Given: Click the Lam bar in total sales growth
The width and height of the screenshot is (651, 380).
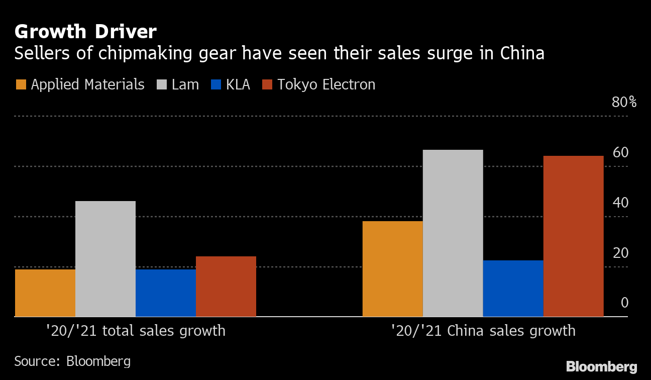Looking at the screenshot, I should click(105, 259).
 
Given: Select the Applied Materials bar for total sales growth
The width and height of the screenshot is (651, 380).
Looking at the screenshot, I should click(45, 293).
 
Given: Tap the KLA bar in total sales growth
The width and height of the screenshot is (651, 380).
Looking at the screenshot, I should click(166, 293).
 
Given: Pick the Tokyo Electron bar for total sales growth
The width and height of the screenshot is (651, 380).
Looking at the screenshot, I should click(226, 287).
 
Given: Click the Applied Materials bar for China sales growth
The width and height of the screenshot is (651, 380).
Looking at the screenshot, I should click(393, 269).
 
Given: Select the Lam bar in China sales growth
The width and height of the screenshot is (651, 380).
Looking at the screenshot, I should click(453, 233).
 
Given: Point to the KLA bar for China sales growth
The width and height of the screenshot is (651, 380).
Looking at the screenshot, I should click(513, 289).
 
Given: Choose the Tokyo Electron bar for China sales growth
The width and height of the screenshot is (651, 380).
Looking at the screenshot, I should click(574, 236).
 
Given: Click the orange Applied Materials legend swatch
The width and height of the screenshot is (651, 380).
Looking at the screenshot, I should click(21, 84).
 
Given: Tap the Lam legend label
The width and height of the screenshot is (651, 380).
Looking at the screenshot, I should click(185, 84).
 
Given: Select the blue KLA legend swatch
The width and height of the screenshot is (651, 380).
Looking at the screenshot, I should click(215, 84).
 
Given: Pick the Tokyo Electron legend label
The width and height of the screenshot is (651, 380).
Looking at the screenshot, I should click(327, 84).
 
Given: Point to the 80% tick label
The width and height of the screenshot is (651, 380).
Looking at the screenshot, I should click(624, 103).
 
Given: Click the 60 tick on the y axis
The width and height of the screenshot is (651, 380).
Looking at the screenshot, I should click(621, 152).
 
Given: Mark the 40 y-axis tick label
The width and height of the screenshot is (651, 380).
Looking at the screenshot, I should click(621, 203).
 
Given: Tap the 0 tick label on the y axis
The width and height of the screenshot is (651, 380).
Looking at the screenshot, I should click(624, 303).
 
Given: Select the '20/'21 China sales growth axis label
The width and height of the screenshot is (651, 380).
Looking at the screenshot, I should click(483, 331).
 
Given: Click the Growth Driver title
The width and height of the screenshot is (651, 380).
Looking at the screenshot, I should click(85, 32).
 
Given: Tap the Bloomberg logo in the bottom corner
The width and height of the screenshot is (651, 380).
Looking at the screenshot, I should click(601, 366).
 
